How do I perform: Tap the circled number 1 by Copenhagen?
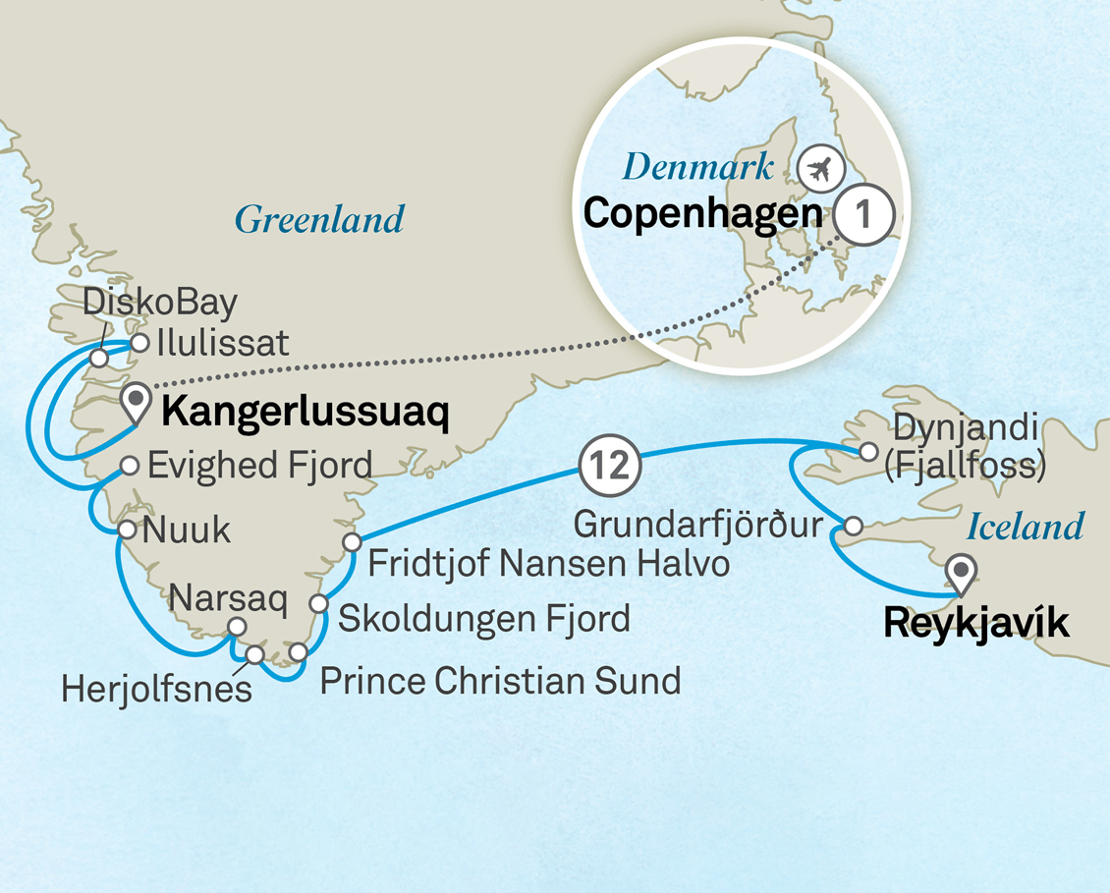(863, 214)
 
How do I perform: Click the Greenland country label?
(319, 219)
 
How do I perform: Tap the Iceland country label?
(1025, 528)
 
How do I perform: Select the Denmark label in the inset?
(698, 167)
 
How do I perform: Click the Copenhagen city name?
(703, 214)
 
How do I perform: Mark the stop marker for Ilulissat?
(139, 343)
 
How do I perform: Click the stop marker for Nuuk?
(127, 530)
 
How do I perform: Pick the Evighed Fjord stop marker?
(129, 465)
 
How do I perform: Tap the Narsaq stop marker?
(236, 627)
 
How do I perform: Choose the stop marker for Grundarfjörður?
(854, 527)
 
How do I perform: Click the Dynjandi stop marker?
(867, 452)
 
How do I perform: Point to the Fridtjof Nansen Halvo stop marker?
(351, 542)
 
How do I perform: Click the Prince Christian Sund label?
(500, 681)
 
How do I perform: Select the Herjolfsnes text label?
(156, 689)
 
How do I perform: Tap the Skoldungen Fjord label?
(483, 620)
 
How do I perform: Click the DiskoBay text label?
(160, 304)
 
